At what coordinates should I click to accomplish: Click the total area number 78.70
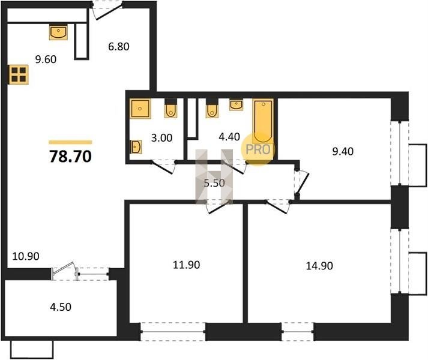70,157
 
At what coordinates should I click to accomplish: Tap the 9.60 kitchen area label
46,59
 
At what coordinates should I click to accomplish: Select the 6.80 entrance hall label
119,46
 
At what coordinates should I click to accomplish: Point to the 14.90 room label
319,266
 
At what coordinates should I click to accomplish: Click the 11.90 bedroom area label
187,265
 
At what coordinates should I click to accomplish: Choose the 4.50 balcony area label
61,307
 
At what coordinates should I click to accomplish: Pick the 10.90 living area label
26,256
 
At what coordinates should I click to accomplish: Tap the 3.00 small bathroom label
162,138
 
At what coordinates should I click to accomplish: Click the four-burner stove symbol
19,74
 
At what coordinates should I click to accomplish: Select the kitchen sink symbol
58,32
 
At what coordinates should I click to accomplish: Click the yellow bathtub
263,121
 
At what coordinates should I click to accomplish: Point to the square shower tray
140,109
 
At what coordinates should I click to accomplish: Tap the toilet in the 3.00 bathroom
171,108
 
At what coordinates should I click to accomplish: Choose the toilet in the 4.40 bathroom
212,108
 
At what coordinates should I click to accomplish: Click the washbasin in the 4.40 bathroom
237,105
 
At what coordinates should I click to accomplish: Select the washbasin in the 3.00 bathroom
136,148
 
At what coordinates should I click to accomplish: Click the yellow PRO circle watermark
258,149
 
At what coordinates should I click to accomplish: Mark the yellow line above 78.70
70,142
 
